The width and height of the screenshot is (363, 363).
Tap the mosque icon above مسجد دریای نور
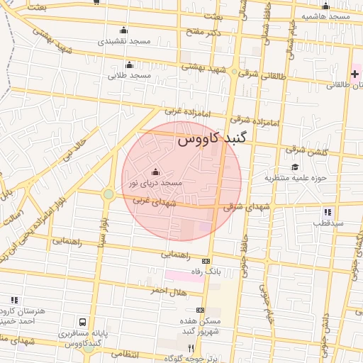click(x=156, y=172)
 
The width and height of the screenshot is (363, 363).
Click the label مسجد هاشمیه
click(x=325, y=16)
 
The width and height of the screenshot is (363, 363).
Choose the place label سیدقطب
click(x=328, y=223)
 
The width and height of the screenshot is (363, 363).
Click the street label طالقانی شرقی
click(x=262, y=74)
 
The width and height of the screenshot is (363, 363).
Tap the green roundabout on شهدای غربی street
click(x=108, y=194)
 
